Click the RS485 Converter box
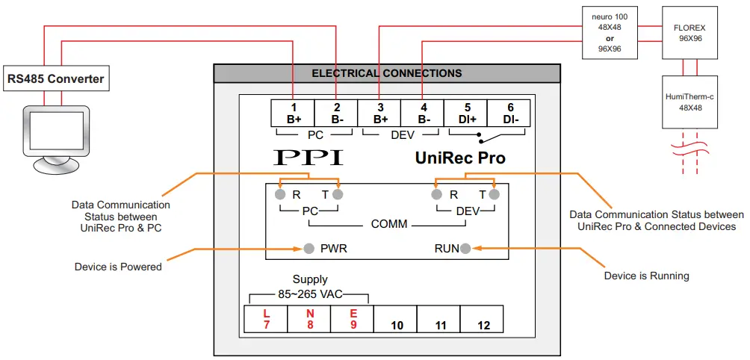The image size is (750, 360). [55, 78]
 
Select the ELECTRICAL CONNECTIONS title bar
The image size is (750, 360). [386, 73]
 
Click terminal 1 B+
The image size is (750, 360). [293, 113]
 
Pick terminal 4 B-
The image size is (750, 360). [424, 113]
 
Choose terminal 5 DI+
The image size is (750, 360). [467, 113]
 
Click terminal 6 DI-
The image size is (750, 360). [510, 113]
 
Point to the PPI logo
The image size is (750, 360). [309, 158]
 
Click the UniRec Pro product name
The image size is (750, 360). [459, 158]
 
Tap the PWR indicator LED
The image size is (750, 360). [309, 248]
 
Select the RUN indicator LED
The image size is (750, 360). [465, 248]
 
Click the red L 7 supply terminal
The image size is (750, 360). [266, 319]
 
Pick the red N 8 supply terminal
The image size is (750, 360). [309, 319]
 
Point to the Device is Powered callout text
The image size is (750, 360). [118, 267]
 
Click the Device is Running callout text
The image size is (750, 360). [646, 276]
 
